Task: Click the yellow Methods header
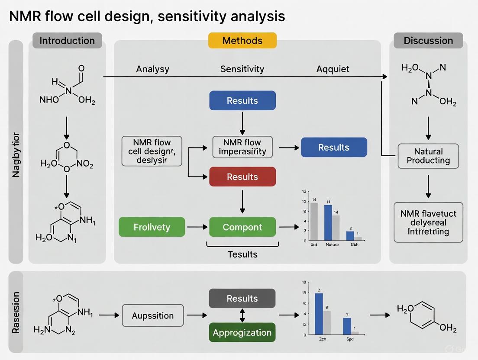tap(242, 41)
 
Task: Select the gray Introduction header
tap(67, 41)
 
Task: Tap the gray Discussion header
tap(428, 41)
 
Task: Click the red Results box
tap(242, 177)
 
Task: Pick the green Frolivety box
tap(152, 227)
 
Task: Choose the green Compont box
tap(242, 227)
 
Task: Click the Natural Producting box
tap(428, 156)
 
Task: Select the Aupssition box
tap(152, 315)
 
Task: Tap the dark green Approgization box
tap(242, 333)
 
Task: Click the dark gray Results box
tap(242, 299)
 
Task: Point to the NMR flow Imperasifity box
tap(242, 147)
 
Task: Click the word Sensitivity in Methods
tap(242, 69)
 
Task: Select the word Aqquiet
tap(333, 69)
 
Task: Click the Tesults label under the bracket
tap(242, 254)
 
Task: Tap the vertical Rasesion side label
tap(16, 312)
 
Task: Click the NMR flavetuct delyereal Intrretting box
tap(428, 222)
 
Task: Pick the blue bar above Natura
tap(328, 222)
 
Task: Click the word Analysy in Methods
tap(152, 69)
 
